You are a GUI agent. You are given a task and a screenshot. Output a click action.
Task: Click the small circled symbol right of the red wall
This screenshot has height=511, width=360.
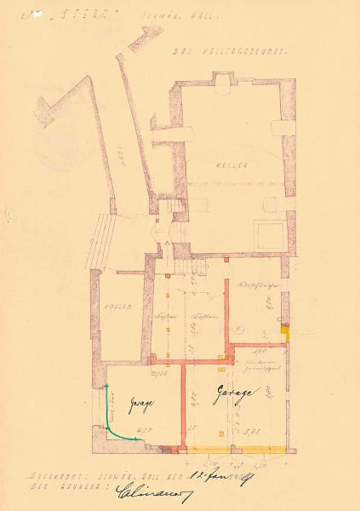pyautogui.click(x=240, y=328)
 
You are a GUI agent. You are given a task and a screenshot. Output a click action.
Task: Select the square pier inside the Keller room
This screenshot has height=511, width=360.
pyautogui.click(x=271, y=233)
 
